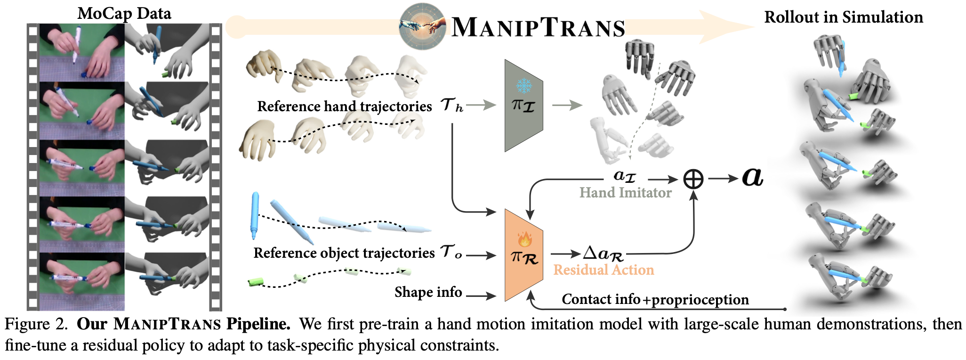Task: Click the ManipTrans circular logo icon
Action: coord(422,27)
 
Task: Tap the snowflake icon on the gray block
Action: coord(523,86)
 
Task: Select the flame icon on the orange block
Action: coord(524,239)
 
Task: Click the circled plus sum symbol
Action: coord(693,179)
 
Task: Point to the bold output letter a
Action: coord(752,177)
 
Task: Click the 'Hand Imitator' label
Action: coord(625,192)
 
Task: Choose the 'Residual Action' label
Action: coord(604,270)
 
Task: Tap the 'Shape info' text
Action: coord(428,292)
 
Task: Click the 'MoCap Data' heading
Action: coord(124,13)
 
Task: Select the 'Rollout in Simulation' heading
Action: coord(843,17)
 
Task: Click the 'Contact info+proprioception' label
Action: coord(655,299)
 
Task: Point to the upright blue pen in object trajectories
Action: coord(255,214)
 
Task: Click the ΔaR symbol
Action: coord(603,254)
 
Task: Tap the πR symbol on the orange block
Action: coord(524,257)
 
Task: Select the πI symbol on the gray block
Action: coord(523,105)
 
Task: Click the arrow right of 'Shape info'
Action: coord(481,296)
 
